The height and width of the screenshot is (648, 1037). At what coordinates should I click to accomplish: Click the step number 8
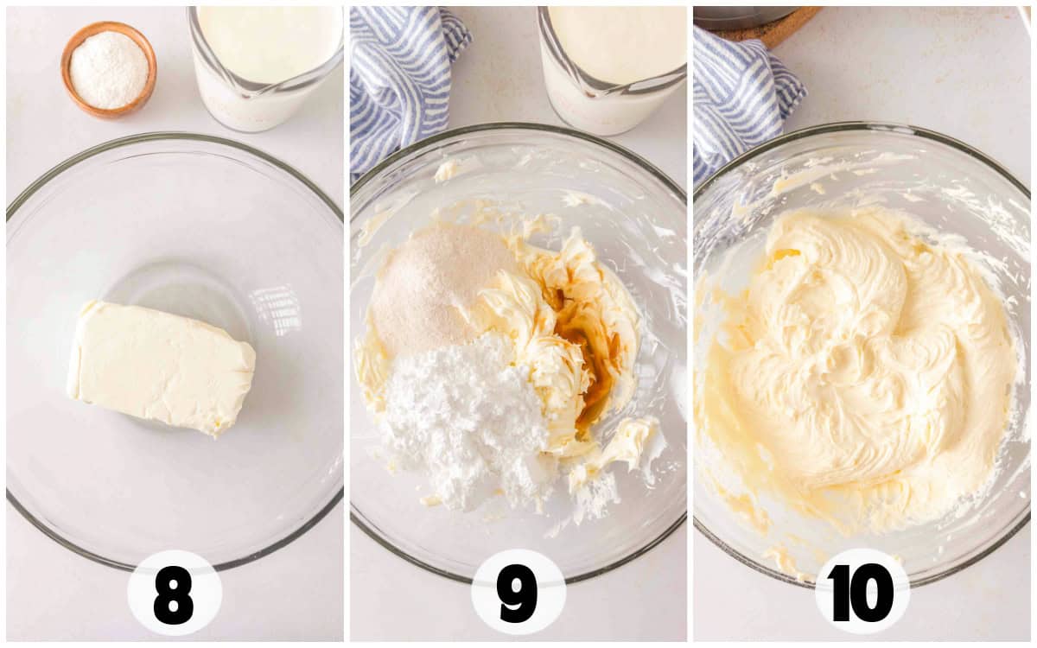pos(173,595)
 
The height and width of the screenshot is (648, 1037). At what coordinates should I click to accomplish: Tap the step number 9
pos(517,594)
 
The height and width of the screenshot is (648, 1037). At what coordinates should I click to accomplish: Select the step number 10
pos(862,594)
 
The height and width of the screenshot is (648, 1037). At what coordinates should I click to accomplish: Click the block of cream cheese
pos(161,368)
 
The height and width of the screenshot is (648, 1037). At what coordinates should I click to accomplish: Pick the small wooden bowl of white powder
pos(109,69)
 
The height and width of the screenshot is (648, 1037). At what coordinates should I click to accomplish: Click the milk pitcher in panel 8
pos(264,67)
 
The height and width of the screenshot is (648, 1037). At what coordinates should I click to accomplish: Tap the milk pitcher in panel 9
pos(612,69)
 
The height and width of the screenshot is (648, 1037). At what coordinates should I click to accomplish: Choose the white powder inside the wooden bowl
pos(109,69)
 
